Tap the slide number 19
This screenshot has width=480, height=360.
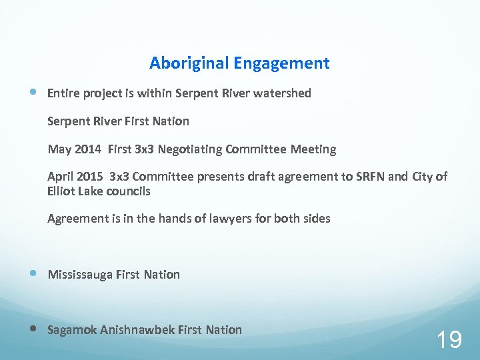pyautogui.click(x=449, y=340)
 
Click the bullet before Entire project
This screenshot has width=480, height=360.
pyautogui.click(x=33, y=93)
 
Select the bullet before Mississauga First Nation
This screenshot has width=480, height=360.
pyautogui.click(x=33, y=274)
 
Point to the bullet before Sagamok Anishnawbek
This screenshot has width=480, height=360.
pyautogui.click(x=33, y=329)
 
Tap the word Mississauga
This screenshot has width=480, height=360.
pyautogui.click(x=80, y=275)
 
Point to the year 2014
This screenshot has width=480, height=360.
pyautogui.click(x=88, y=149)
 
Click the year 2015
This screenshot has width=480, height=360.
pyautogui.click(x=90, y=177)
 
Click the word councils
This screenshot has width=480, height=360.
pyautogui.click(x=128, y=191)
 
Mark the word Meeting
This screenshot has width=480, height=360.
pyautogui.click(x=313, y=149)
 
